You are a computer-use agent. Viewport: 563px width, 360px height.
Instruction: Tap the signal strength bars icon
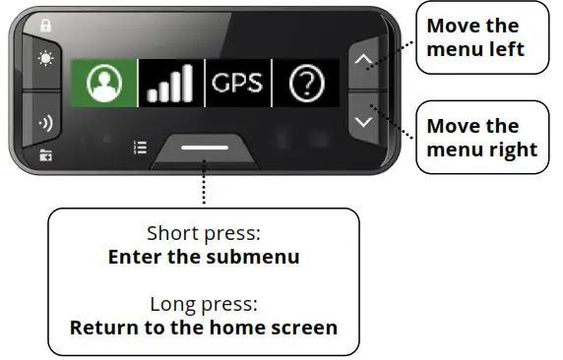pyautogui.click(x=170, y=87)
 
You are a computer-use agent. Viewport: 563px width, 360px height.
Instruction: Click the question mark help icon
pyautogui.click(x=306, y=85)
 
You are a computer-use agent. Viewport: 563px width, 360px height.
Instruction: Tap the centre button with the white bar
pyautogui.click(x=205, y=149)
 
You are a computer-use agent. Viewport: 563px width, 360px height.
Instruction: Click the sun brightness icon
pyautogui.click(x=46, y=58)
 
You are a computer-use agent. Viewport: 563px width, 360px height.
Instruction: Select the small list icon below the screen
pyautogui.click(x=140, y=148)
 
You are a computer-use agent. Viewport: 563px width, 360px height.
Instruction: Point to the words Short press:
pyautogui.click(x=204, y=234)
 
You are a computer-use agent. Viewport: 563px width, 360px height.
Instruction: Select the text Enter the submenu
pyautogui.click(x=204, y=258)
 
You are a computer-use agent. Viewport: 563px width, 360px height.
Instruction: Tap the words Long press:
pyautogui.click(x=204, y=304)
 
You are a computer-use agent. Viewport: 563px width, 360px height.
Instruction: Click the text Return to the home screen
pyautogui.click(x=204, y=328)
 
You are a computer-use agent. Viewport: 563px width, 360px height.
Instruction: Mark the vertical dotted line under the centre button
pyautogui.click(x=204, y=187)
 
